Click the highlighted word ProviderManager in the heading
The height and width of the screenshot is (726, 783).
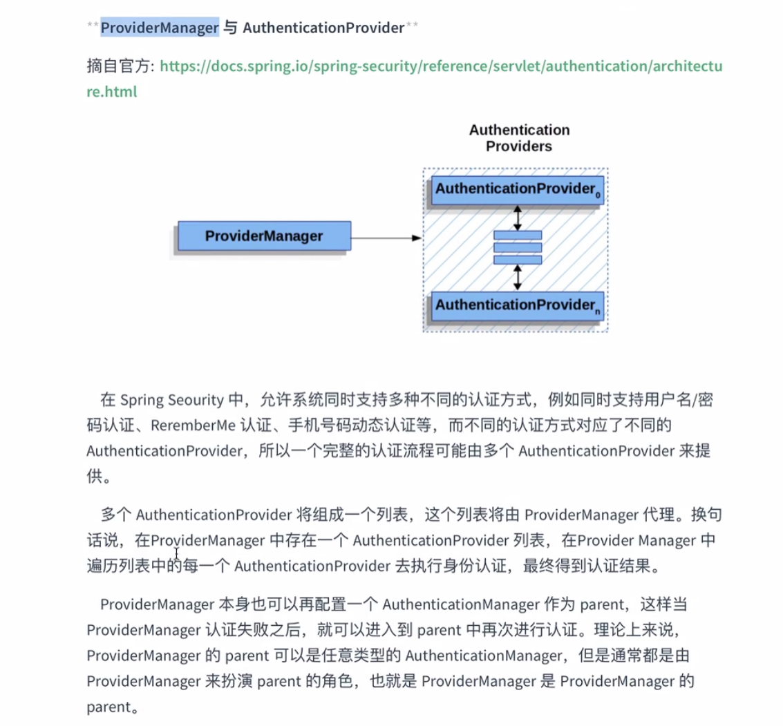click(x=160, y=28)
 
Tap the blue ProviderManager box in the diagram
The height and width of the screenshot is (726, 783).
click(x=264, y=236)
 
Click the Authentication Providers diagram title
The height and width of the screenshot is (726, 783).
click(x=519, y=138)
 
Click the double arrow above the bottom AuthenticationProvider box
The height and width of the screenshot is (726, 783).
click(x=518, y=278)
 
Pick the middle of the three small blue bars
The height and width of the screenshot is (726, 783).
click(x=518, y=247)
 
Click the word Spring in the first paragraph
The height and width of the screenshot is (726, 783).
click(x=142, y=399)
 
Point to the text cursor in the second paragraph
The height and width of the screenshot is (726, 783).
click(x=176, y=553)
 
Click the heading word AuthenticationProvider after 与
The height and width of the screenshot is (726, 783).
click(x=323, y=28)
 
